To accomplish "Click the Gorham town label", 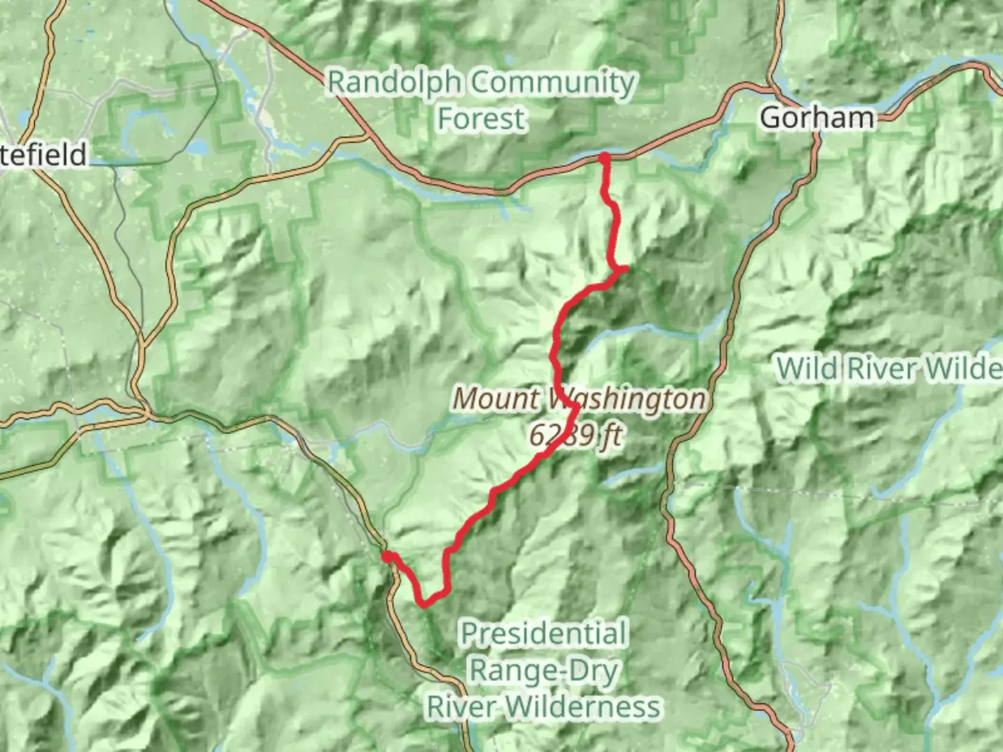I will click(x=816, y=118).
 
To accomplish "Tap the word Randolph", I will click(x=394, y=82).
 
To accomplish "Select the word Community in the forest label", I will click(x=552, y=84).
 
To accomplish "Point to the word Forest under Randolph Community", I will click(x=481, y=118).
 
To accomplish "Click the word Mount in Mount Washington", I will click(x=497, y=400).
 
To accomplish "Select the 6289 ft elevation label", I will click(x=575, y=436).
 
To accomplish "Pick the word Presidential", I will click(x=544, y=634).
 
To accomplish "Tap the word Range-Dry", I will click(x=544, y=671).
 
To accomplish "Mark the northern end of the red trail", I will click(x=604, y=158).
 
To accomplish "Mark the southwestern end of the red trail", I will click(x=386, y=555).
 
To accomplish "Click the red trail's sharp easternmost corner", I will click(x=625, y=268).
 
